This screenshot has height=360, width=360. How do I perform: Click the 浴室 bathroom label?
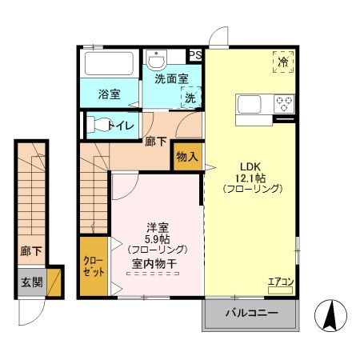[110, 94]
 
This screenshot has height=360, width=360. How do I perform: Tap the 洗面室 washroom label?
[171, 78]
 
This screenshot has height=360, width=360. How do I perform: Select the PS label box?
[195, 54]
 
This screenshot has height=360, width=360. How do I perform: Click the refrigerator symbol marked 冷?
[282, 61]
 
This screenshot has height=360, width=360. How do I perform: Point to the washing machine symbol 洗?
[190, 97]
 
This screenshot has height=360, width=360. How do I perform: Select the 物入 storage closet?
[186, 157]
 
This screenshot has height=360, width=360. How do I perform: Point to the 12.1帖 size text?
[251, 176]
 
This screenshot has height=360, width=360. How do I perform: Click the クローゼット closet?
[93, 266]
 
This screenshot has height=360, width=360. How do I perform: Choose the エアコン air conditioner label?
[279, 282]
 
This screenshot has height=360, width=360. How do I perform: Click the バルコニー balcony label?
[250, 313]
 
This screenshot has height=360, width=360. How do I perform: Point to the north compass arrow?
[330, 314]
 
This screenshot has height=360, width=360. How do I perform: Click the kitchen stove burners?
[284, 103]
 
